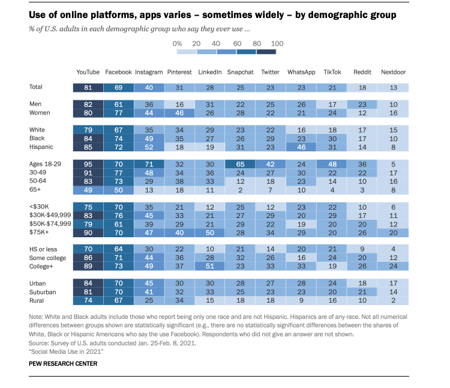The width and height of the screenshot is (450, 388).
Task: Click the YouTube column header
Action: coord(88,72)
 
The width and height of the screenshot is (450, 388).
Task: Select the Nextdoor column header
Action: coord(393,72)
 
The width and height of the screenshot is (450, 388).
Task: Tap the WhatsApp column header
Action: coord(301,72)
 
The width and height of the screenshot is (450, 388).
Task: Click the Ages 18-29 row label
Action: coord(45,163)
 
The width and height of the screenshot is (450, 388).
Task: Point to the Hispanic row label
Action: coord(41,147)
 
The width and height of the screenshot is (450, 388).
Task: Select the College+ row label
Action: coord(41,265)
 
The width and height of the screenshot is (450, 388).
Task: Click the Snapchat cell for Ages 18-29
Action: coord(240,163)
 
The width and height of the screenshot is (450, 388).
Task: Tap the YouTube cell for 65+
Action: coord(88,190)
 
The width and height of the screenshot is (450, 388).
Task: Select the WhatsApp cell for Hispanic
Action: coord(301,147)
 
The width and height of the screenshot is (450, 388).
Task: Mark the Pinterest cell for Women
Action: coord(179,112)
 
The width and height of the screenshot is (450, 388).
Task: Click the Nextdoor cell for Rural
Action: coord(393,300)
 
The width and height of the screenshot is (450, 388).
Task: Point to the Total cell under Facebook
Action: coord(118,87)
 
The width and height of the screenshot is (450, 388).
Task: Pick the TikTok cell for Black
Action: coord(332,138)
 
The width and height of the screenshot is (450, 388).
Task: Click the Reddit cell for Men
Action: coord(362,104)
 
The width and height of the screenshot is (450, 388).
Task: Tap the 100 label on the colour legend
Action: coord(277,44)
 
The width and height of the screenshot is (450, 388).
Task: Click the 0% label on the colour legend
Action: coord(177,44)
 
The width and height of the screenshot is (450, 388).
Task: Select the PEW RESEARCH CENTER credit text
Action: coord(62,363)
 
